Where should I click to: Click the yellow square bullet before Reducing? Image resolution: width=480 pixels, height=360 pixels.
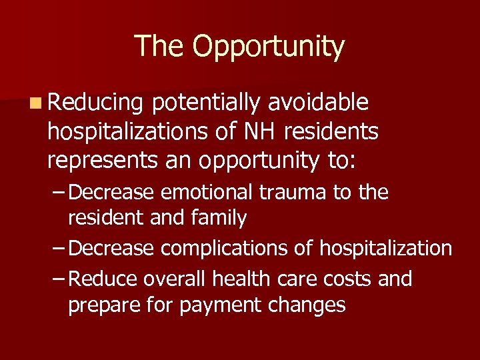(x=35, y=103)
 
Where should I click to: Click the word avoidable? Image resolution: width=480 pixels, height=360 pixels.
(x=319, y=103)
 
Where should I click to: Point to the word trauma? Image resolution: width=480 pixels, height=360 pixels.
(x=292, y=193)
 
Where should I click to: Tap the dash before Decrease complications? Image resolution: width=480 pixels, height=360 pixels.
(x=59, y=249)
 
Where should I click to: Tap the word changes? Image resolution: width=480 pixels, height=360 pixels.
(x=313, y=306)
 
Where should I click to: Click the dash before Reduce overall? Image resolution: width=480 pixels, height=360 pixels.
(x=59, y=279)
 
